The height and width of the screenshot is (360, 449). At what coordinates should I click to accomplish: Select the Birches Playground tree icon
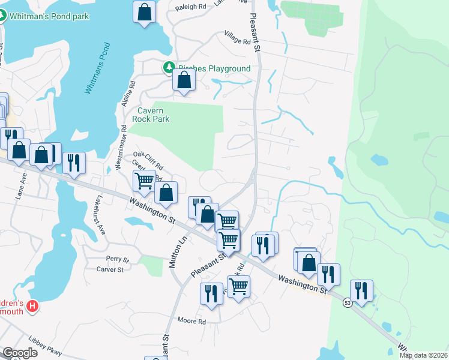[x=170, y=68]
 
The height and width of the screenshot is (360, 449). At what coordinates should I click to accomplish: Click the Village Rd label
[x=237, y=41]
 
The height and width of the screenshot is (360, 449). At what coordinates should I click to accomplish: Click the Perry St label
[x=117, y=259]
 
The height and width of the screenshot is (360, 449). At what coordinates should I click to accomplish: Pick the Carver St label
[x=110, y=269]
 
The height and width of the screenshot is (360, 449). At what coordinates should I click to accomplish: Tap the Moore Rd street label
[x=191, y=322]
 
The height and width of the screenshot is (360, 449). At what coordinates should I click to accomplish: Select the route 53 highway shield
[x=348, y=304]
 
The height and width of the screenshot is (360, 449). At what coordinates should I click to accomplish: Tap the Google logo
[x=20, y=353]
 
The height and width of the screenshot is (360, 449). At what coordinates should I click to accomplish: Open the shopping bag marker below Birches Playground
[x=184, y=80]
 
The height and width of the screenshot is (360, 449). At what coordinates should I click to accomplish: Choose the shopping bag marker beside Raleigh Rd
[x=144, y=11]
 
